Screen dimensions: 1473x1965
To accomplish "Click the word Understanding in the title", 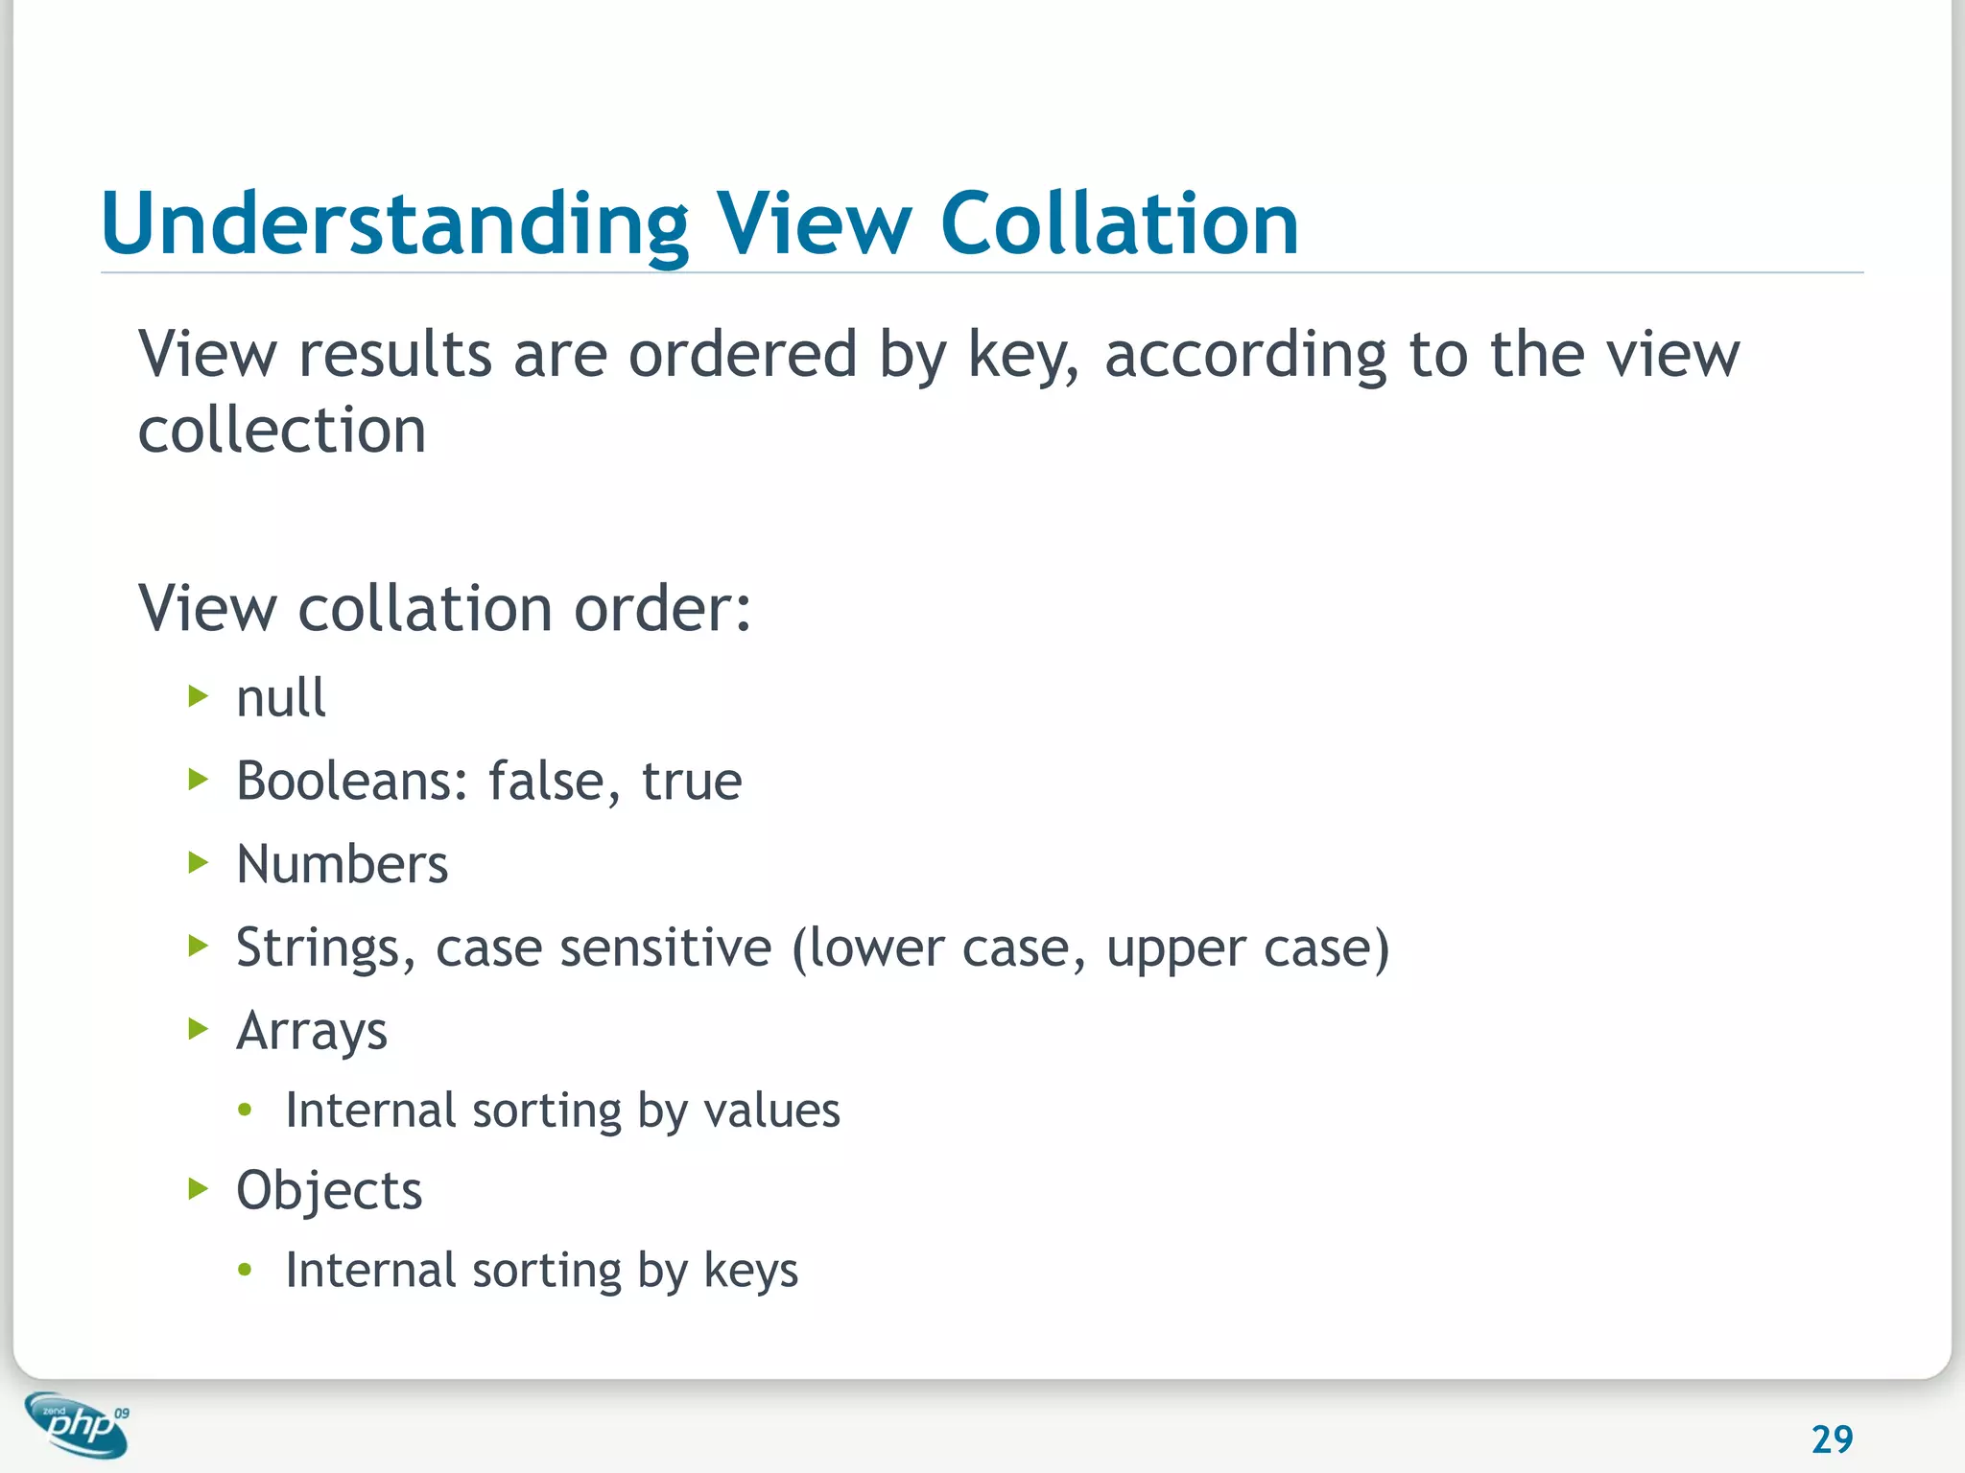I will click(394, 226).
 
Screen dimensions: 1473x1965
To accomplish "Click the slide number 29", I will click(1832, 1439).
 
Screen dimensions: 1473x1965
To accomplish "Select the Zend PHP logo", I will click(77, 1424).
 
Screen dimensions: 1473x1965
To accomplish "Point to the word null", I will click(280, 697).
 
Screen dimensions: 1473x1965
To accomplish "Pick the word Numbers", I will click(342, 864).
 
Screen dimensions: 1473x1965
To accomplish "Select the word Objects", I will click(329, 1191).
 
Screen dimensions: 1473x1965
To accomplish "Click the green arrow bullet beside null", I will click(199, 696).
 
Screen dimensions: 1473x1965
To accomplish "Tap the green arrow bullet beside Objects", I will click(199, 1190).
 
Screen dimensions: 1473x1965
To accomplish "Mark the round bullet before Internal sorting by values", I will click(246, 1111).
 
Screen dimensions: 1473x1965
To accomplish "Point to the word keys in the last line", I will click(750, 1272).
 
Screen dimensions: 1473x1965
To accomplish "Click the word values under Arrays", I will click(771, 1111).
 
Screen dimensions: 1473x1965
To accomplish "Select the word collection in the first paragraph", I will click(282, 430).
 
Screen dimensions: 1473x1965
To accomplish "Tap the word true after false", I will click(692, 781).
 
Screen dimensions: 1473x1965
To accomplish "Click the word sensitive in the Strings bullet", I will click(665, 947).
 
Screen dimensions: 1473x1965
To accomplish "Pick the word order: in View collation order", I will click(662, 609).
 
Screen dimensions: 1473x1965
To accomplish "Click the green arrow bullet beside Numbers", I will click(199, 863).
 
